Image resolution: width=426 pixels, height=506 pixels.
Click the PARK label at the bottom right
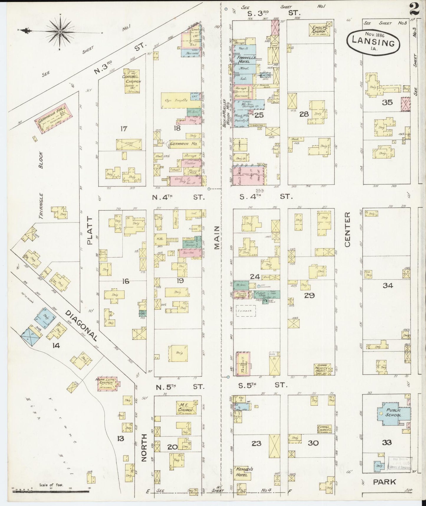tap(384, 482)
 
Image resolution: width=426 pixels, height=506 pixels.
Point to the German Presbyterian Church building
tap(323, 369)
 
